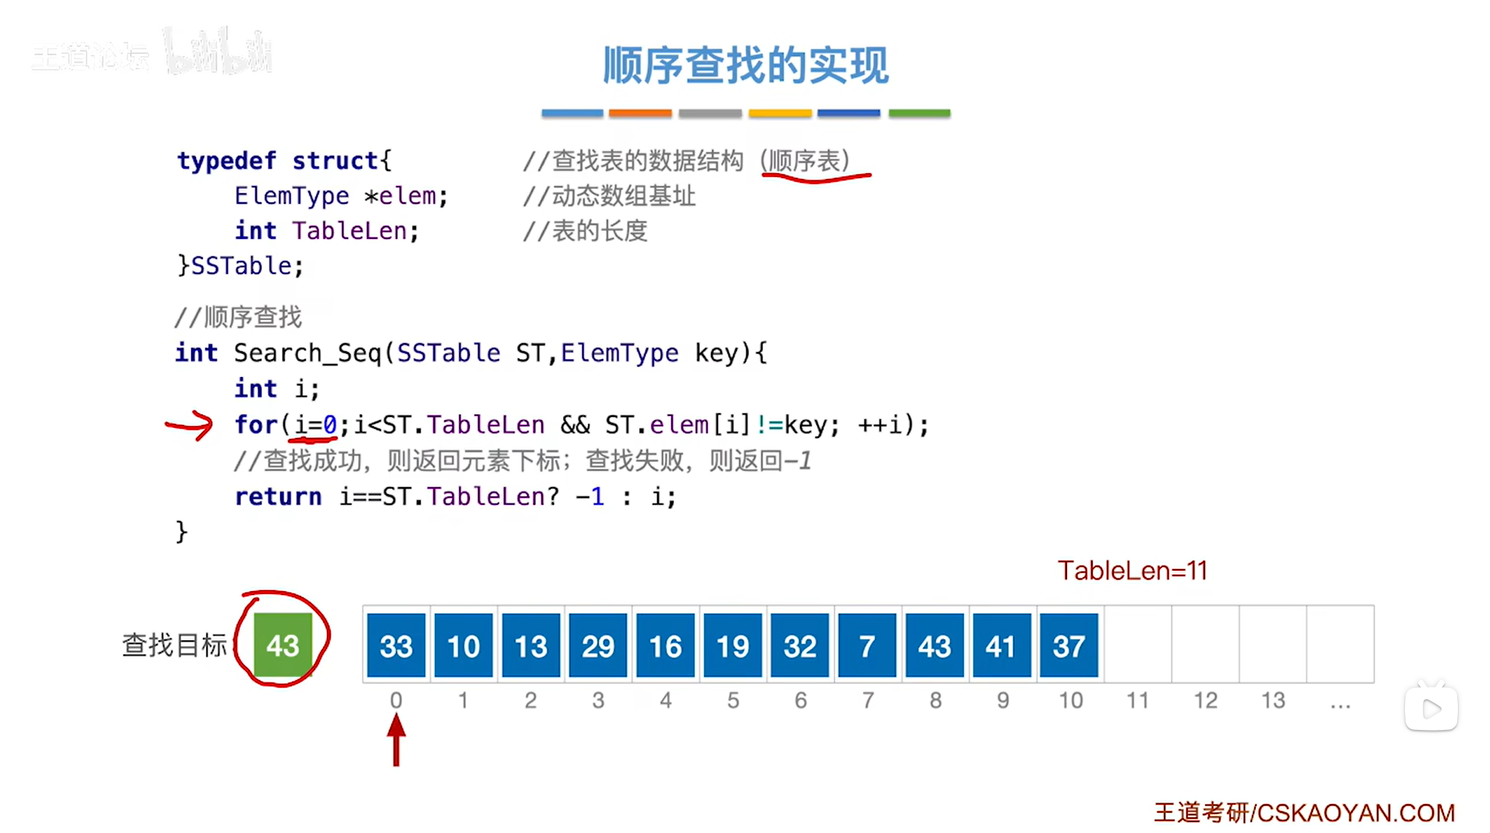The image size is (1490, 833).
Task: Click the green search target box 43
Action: point(283,645)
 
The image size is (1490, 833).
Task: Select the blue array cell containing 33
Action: point(396,645)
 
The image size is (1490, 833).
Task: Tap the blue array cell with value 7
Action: point(866,645)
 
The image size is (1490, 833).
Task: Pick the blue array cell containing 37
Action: point(1069,645)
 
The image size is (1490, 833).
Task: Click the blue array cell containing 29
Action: point(598,645)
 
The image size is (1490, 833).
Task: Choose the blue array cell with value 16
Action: point(665,645)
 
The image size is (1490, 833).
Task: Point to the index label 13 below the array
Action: point(1272,700)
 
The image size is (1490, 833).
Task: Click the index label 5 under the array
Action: point(733,700)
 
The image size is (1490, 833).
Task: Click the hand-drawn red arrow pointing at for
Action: point(190,425)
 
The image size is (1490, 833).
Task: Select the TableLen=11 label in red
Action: point(1132,571)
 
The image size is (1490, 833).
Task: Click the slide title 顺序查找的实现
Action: point(745,65)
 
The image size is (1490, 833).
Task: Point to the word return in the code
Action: point(278,497)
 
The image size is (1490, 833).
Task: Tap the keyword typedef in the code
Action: point(226,161)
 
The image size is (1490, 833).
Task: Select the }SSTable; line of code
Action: point(240,266)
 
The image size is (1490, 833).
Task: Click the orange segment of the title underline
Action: point(640,113)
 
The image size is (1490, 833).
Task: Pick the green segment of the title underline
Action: point(919,113)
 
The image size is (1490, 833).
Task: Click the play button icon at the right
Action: point(1431,708)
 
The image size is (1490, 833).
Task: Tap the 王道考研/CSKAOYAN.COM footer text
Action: point(1303,813)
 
